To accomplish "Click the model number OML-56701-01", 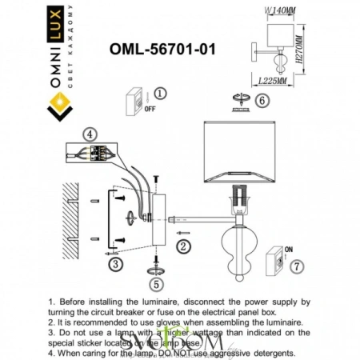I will pos(162,49).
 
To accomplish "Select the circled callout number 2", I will pos(182,246).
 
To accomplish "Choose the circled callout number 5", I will pos(156,283).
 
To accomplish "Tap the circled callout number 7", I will pos(297,266).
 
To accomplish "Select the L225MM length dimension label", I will pos(274,80).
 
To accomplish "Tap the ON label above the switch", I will pos(289,248).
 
